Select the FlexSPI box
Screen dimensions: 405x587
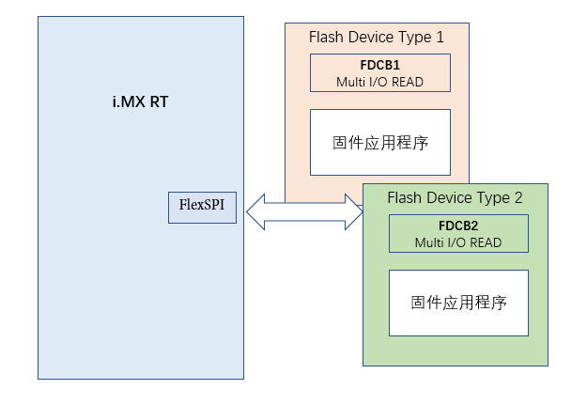pyautogui.click(x=202, y=204)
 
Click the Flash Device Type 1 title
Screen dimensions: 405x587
pyautogui.click(x=376, y=38)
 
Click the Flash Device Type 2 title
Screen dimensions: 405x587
pyautogui.click(x=455, y=198)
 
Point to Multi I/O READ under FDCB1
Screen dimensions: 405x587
pyautogui.click(x=379, y=82)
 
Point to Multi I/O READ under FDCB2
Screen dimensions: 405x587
pyautogui.click(x=458, y=242)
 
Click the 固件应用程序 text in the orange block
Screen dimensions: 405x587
pyautogui.click(x=379, y=142)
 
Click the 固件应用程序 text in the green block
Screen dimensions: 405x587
pyautogui.click(x=458, y=303)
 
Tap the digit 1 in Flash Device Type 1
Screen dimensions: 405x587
pyautogui.click(x=440, y=38)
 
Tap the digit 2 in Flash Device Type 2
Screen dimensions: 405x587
pyautogui.click(x=517, y=198)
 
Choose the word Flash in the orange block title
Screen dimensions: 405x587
pyautogui.click(x=326, y=38)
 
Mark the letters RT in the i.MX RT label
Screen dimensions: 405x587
pyautogui.click(x=159, y=101)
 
